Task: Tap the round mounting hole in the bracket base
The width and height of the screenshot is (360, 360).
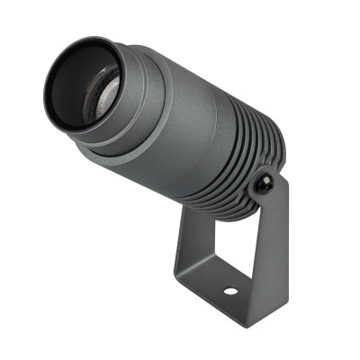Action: [230, 292]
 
